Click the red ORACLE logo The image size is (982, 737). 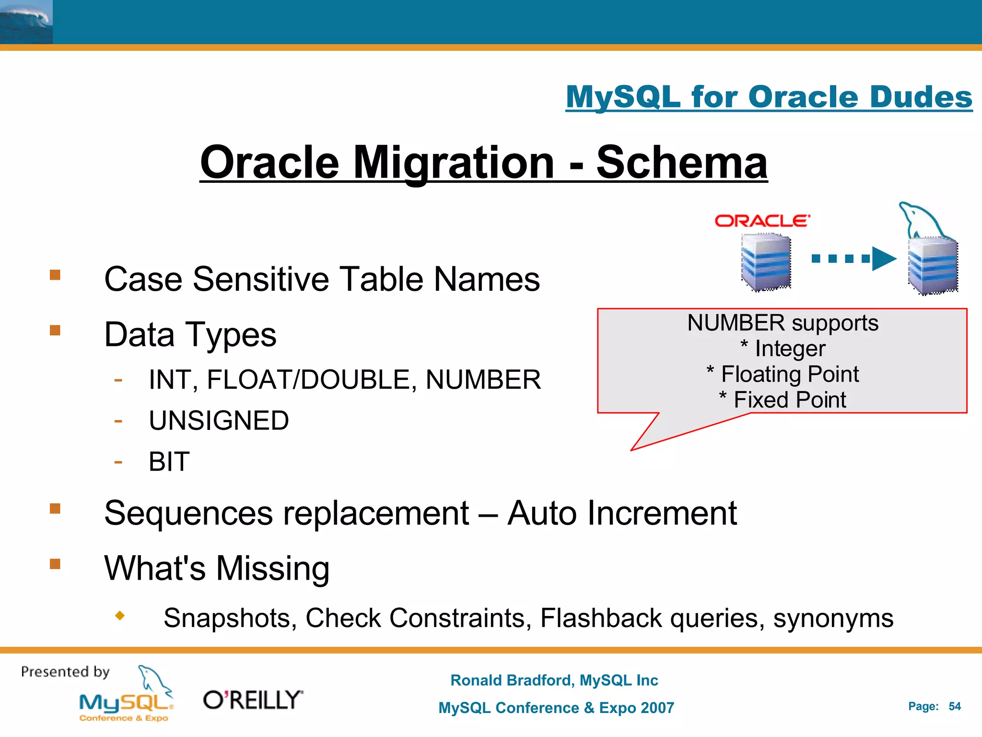pos(762,221)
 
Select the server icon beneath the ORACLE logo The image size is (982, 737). pos(766,262)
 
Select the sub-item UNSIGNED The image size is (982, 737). pos(219,421)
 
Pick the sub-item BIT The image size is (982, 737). pos(169,462)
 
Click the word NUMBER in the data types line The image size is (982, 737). pos(483,380)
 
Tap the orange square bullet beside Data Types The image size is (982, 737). pos(55,330)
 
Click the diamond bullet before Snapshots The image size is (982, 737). pos(120,615)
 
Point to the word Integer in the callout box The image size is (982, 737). pos(790,348)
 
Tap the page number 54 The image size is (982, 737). pos(954,706)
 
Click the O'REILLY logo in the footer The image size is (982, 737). pos(253,700)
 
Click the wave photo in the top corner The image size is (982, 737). pos(26,22)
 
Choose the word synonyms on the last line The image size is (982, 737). pos(833,618)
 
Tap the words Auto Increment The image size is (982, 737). pos(621,513)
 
